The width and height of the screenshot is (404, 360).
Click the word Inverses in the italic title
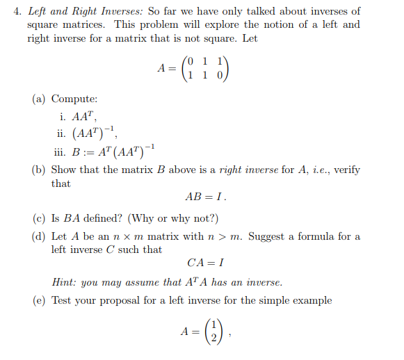pos(107,11)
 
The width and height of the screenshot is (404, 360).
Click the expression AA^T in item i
pos(83,116)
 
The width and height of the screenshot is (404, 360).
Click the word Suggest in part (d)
pos(266,236)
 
